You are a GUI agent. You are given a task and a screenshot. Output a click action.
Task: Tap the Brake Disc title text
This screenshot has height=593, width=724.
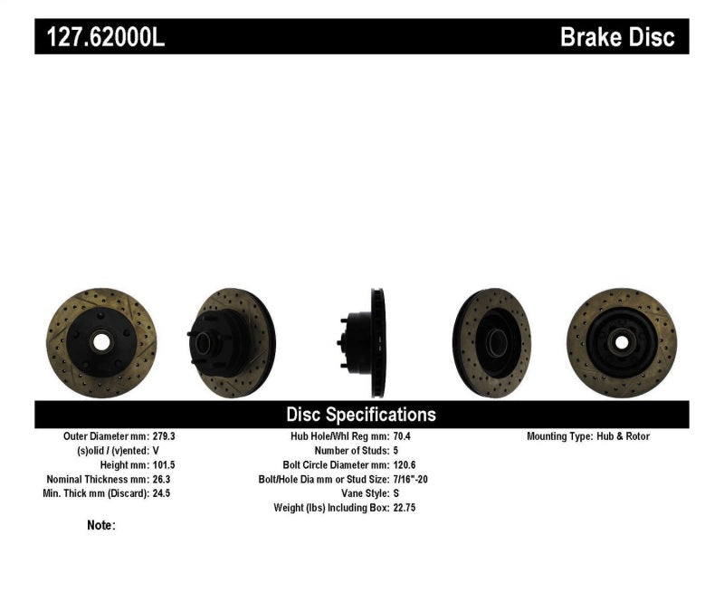(x=617, y=37)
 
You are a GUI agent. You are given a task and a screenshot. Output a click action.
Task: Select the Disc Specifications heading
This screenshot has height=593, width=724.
(x=361, y=415)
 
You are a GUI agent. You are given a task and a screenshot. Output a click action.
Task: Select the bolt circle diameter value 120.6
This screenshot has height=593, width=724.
(x=405, y=464)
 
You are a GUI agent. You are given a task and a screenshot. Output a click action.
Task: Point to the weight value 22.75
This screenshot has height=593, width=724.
(x=405, y=508)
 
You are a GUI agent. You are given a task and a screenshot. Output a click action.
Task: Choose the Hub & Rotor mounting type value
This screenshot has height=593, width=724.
(x=624, y=436)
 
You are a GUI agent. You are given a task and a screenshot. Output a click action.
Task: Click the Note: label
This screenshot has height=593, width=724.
(x=101, y=525)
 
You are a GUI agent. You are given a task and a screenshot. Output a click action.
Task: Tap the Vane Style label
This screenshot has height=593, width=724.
(x=357, y=493)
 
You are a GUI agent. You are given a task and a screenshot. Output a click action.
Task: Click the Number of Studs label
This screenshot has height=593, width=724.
(x=349, y=451)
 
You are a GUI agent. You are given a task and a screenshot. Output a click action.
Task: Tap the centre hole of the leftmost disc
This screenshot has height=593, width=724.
(x=100, y=343)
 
